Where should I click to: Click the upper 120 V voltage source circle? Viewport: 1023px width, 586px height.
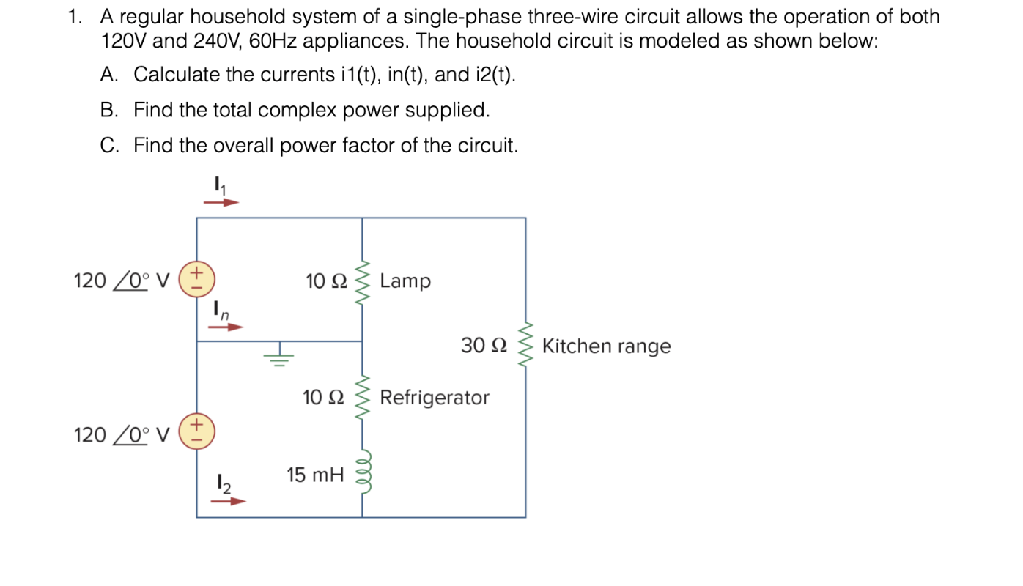pyautogui.click(x=197, y=280)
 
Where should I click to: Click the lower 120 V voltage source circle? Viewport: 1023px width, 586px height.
pyautogui.click(x=197, y=431)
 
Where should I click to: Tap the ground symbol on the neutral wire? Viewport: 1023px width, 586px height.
pyautogui.click(x=278, y=356)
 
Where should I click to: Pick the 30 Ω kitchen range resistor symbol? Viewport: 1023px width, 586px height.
pyautogui.click(x=525, y=346)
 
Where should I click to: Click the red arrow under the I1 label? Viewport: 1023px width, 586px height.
pyautogui.click(x=221, y=201)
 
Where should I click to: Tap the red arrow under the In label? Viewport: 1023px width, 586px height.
pyautogui.click(x=225, y=327)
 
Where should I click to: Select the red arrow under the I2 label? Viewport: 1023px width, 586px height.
pyautogui.click(x=228, y=502)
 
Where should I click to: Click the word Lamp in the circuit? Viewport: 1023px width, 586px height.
pyautogui.click(x=405, y=281)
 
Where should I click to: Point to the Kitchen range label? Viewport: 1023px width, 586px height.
pyautogui.click(x=606, y=346)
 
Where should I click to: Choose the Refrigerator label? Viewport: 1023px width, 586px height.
pyautogui.click(x=435, y=398)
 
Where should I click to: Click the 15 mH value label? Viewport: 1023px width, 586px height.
pyautogui.click(x=315, y=475)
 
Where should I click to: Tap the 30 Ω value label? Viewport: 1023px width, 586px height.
pyautogui.click(x=484, y=345)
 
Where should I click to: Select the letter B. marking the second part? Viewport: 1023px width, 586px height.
pyautogui.click(x=109, y=110)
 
